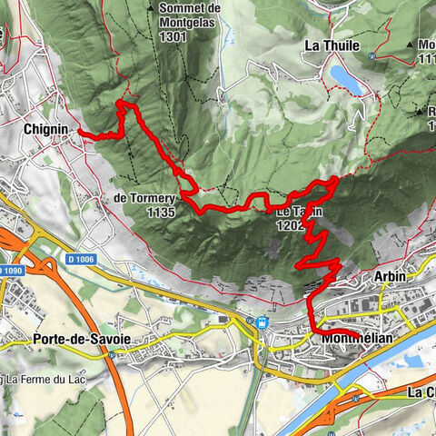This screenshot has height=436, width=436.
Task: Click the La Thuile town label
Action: [x=332, y=45]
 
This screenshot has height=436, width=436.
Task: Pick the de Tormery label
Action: [x=145, y=197]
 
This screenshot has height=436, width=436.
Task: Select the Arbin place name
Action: [x=390, y=274]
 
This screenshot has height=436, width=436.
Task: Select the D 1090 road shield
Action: [x=10, y=272]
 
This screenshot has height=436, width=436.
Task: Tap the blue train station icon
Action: [x=263, y=322]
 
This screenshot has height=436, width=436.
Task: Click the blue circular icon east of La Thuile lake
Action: [x=372, y=55]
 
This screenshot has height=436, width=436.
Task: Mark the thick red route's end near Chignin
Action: [x=80, y=133]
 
